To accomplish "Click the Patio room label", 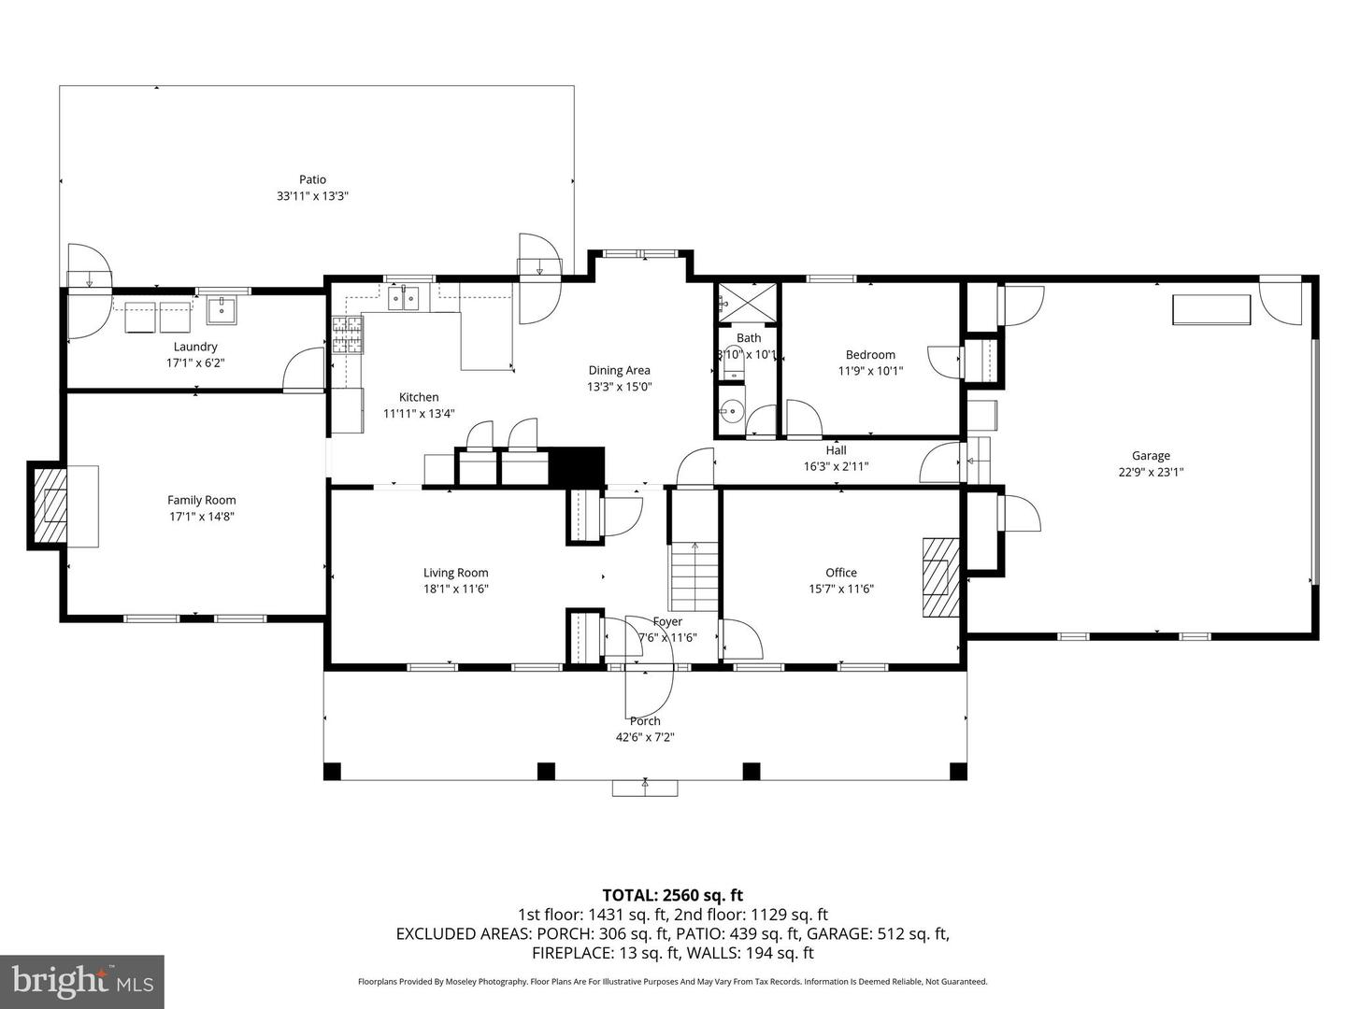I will (312, 179).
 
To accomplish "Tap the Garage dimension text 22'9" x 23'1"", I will (1151, 472).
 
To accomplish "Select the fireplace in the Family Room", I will (51, 505).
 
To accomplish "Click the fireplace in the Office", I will (940, 576).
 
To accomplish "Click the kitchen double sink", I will (404, 299).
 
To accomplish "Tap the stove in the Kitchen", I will (348, 335).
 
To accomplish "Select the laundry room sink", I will (222, 309).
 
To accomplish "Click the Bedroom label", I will (870, 355).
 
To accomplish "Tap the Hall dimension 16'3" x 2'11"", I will (836, 466).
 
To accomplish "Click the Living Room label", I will (455, 573).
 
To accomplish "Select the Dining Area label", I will (619, 370).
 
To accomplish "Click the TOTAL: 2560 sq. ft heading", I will (672, 895).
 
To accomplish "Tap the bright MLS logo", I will (82, 981).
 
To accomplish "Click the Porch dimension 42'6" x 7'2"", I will (644, 737).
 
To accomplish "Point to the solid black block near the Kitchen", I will (577, 466).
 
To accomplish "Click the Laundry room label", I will (195, 347).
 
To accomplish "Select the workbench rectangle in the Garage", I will (1211, 310).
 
